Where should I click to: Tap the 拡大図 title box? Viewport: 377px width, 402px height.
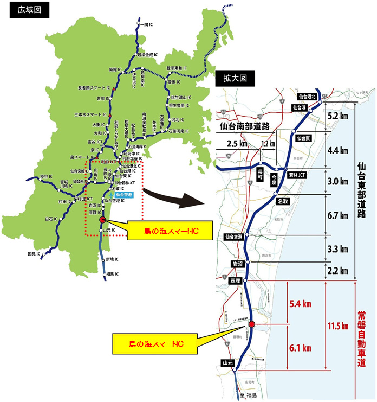click(x=235, y=79)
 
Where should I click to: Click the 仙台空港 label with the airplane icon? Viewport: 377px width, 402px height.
click(x=123, y=194)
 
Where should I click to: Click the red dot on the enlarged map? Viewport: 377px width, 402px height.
click(x=251, y=324)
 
